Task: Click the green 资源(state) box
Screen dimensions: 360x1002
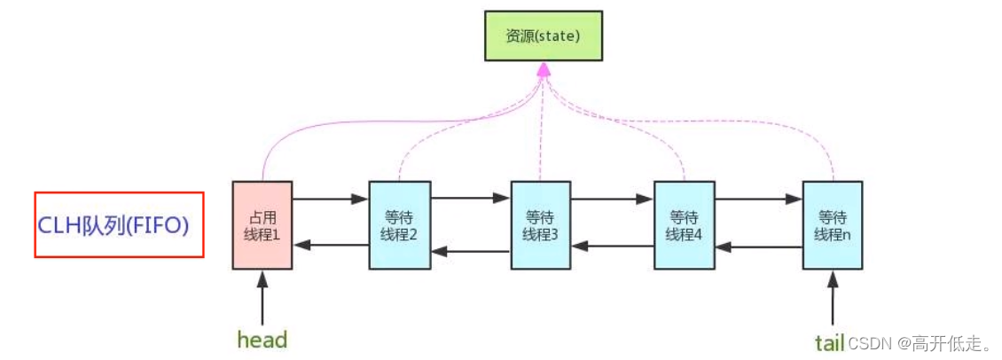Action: (544, 35)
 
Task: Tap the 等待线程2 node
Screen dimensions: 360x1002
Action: (400, 224)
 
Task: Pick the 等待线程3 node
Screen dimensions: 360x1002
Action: (541, 224)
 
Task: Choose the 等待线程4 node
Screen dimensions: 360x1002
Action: (685, 224)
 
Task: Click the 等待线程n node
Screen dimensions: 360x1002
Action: (832, 224)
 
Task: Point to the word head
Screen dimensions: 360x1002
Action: (262, 340)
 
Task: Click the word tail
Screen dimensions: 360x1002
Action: (829, 341)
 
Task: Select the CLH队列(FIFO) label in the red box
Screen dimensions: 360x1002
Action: (119, 225)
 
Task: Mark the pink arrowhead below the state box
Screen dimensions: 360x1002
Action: (544, 68)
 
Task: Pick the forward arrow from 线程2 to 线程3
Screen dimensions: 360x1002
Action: (471, 199)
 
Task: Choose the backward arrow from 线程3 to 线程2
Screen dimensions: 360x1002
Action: (471, 252)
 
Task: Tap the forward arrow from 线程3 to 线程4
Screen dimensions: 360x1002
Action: (613, 199)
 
